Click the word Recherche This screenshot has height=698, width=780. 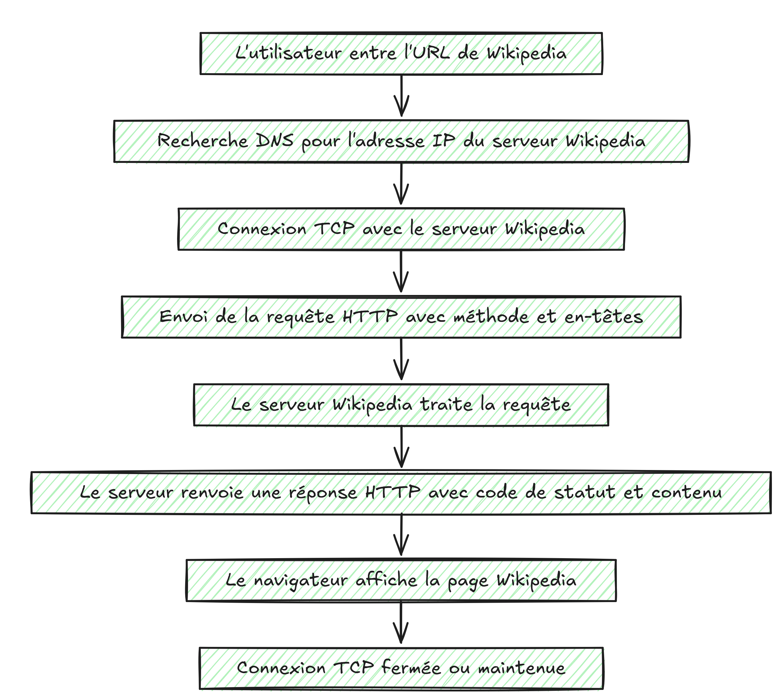(x=202, y=141)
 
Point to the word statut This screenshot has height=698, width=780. (x=585, y=492)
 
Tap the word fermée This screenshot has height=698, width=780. (x=411, y=668)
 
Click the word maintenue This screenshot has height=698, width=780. (x=521, y=668)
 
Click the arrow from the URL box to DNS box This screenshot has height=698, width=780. (x=401, y=96)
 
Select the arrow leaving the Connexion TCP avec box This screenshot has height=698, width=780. (x=401, y=271)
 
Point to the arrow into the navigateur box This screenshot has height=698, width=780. (x=401, y=535)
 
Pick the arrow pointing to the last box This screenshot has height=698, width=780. (x=401, y=623)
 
